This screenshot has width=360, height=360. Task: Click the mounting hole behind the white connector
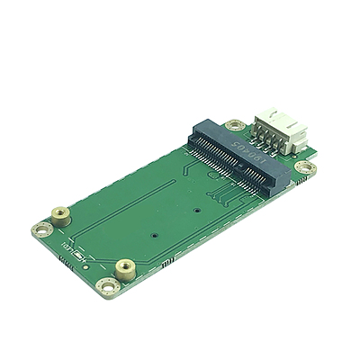point(235,123)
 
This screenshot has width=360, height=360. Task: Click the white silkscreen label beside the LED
point(68,249)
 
